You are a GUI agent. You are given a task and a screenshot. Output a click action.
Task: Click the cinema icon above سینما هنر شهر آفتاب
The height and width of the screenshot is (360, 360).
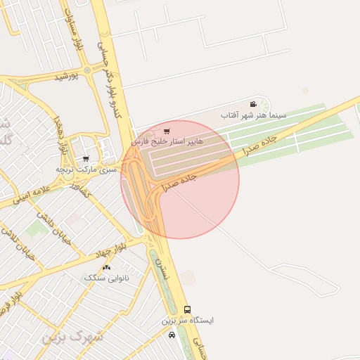252,105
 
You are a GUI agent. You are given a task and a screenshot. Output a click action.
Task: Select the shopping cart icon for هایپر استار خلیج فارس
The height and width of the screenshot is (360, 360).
166,131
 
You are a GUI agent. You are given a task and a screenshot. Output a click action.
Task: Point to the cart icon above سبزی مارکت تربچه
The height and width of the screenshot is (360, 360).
86,160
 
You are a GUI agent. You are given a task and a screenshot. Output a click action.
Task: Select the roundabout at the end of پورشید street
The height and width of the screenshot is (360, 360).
86,70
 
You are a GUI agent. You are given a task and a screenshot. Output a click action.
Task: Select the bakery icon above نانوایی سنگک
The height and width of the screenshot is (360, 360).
106,268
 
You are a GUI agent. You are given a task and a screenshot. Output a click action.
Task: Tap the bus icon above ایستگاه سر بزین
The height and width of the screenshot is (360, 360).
187,309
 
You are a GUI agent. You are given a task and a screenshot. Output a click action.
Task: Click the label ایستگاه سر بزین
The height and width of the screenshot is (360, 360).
188,320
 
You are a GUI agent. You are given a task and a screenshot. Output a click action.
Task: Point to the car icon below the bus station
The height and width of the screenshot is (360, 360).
172,335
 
